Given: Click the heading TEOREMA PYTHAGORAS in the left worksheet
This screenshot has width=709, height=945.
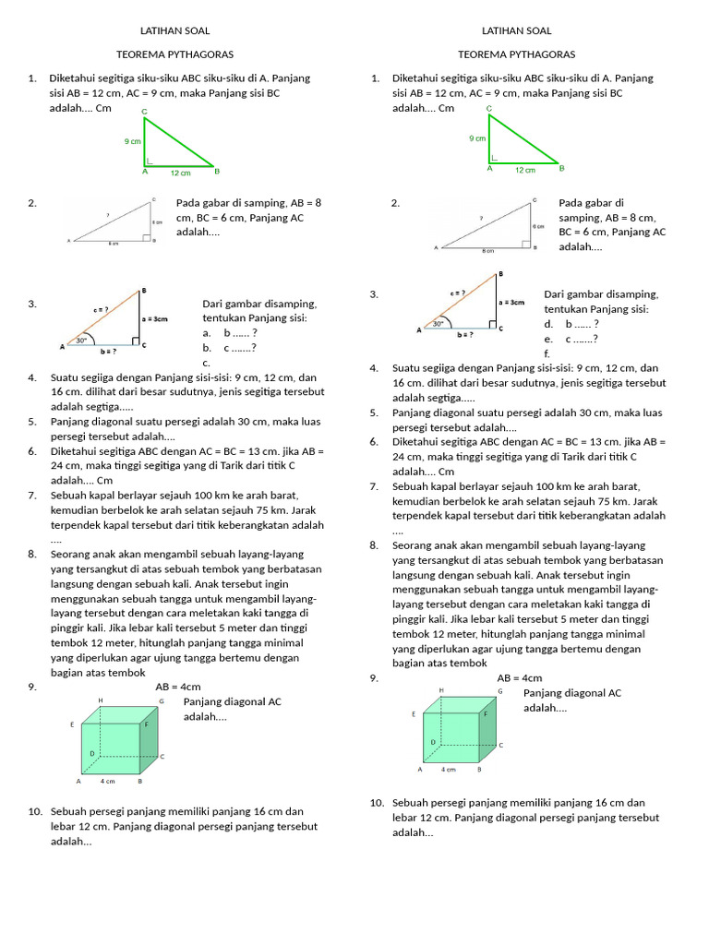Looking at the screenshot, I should click(174, 54).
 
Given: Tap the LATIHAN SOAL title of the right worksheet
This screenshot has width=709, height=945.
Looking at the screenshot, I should click(516, 30).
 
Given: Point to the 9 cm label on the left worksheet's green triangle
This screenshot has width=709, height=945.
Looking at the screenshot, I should click(133, 141).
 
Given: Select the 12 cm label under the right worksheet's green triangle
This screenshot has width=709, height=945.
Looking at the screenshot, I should click(524, 170).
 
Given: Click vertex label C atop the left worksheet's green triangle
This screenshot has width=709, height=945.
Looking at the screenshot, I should click(144, 112).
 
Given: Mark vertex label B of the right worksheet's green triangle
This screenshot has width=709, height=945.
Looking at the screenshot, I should click(561, 169).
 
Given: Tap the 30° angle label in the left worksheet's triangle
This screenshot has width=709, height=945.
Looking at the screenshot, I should click(82, 340).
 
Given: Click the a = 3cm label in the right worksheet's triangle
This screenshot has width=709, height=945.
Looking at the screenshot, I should click(511, 302).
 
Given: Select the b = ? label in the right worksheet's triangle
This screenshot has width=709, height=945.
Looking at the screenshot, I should click(464, 335).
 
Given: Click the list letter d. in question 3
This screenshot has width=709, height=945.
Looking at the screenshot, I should click(548, 324).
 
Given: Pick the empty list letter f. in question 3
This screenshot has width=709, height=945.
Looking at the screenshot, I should click(547, 353).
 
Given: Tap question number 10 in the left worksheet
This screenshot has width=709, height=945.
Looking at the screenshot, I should click(35, 811).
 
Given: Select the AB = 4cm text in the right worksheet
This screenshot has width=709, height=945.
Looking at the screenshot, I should click(520, 678).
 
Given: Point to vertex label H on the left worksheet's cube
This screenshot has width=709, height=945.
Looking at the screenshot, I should click(100, 700).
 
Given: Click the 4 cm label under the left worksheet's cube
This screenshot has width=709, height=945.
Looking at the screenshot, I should click(108, 782).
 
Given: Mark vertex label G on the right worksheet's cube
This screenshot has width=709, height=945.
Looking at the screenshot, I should click(499, 690).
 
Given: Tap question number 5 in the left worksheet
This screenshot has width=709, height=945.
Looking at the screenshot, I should click(32, 422).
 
